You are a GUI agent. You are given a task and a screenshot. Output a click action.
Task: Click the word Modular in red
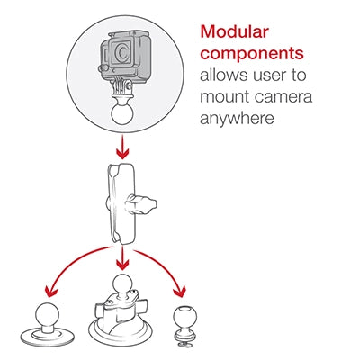point(235,31)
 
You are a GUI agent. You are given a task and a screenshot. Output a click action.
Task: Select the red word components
point(252,54)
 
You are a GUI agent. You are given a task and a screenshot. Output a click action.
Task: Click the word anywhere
point(237,119)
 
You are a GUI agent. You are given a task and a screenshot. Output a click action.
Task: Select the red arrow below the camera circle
point(122,148)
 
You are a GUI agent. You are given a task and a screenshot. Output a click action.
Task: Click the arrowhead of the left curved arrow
point(51,292)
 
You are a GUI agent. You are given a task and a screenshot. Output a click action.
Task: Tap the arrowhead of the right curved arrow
point(179,292)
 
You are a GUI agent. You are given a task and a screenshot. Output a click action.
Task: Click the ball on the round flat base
point(48,313)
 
